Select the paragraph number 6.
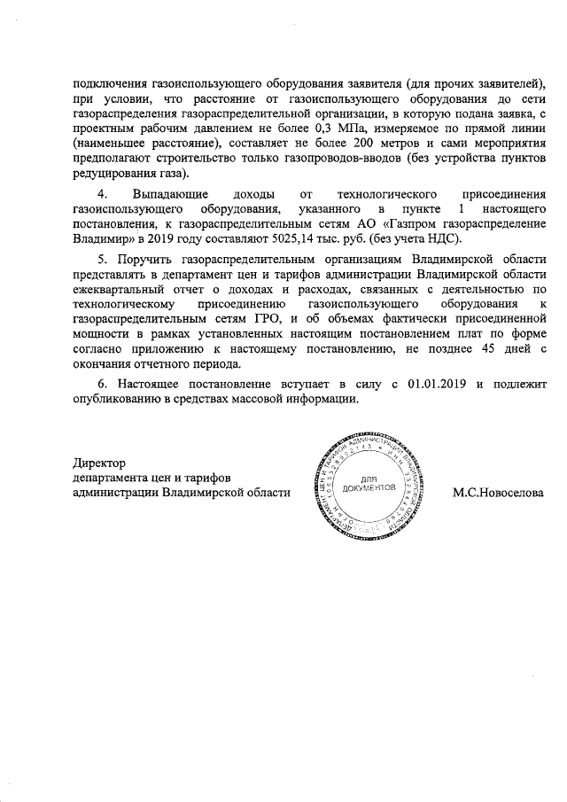click(x=102, y=384)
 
